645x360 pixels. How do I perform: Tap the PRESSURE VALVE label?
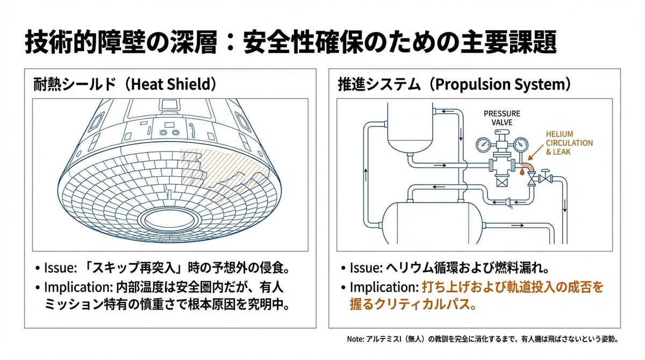(x=502, y=118)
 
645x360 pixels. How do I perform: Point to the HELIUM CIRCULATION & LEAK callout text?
(x=569, y=143)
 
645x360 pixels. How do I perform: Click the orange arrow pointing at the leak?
(x=535, y=152)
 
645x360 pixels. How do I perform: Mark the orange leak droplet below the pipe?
(x=522, y=172)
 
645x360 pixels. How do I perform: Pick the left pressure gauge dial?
(x=483, y=145)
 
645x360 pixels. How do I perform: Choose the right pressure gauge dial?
(x=521, y=145)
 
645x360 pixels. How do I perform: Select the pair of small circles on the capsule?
(x=169, y=133)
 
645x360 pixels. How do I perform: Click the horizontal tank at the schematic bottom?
(x=432, y=223)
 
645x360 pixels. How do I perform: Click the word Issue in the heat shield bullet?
(x=60, y=268)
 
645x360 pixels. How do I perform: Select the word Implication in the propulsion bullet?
(x=384, y=287)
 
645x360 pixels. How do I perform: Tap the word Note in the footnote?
(x=355, y=339)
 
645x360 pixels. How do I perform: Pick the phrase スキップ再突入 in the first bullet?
(x=133, y=268)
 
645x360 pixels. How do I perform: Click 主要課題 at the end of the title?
(x=508, y=42)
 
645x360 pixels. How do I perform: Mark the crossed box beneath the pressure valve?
(x=502, y=183)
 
